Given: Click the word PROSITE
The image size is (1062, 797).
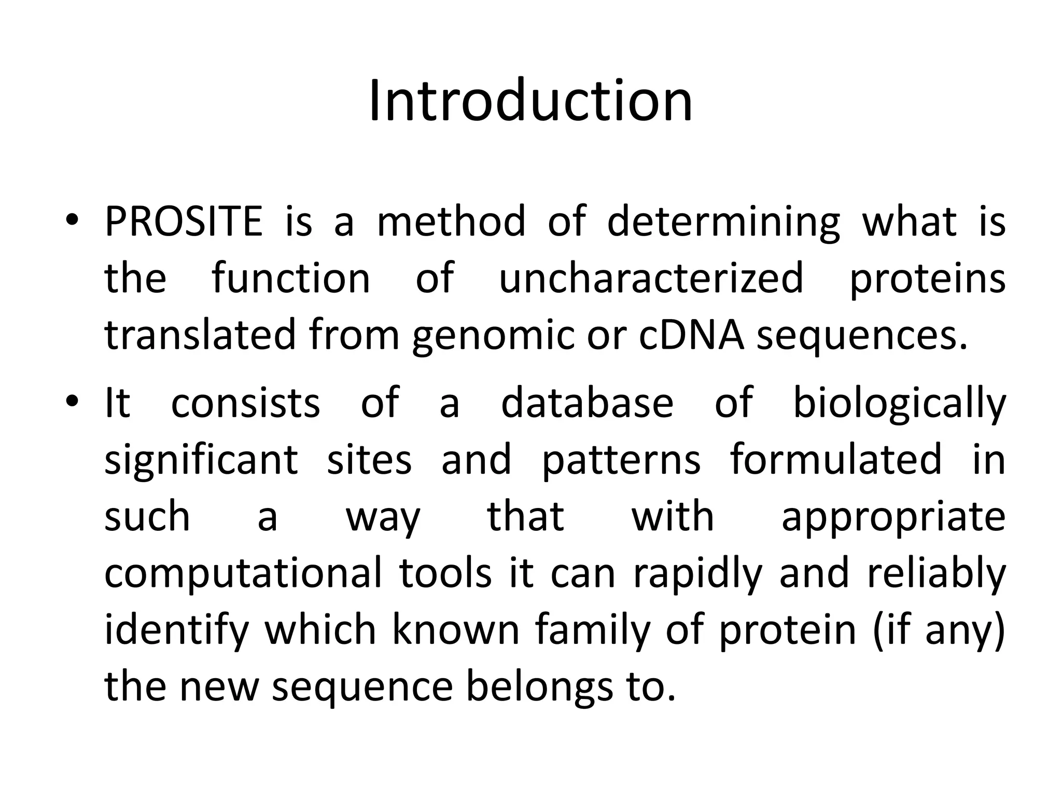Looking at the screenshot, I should coord(184,222).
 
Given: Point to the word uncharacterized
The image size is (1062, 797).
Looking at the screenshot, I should coord(651,279).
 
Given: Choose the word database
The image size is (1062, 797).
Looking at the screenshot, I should coord(587,403).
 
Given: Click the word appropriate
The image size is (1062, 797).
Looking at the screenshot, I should coord(893,518).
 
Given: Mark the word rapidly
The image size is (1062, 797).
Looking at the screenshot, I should coord(698,574).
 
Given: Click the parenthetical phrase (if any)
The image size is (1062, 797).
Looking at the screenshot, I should coord(939,631).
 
